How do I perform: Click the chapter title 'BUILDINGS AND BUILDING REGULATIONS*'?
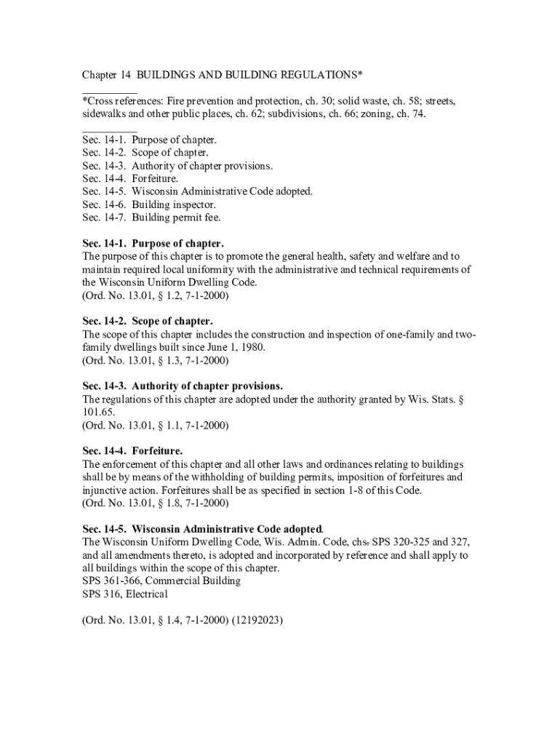250,76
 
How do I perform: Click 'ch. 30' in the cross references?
314,101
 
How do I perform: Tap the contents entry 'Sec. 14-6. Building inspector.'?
149,204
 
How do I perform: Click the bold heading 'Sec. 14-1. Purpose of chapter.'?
153,244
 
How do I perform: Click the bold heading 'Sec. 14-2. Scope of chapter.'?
148,321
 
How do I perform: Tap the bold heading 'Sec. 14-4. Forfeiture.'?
132,450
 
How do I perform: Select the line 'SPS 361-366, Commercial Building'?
161,581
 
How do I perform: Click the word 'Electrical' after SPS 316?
149,594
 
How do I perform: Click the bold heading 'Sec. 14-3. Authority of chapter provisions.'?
183,386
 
